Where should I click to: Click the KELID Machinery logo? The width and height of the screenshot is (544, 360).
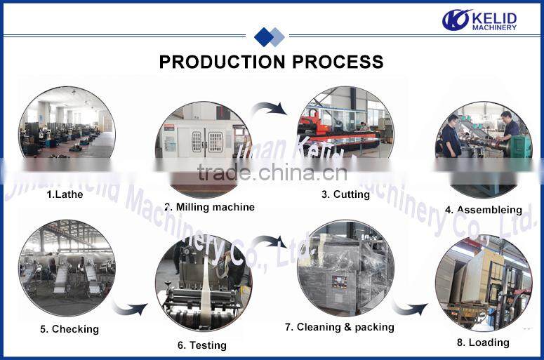tap(479, 20)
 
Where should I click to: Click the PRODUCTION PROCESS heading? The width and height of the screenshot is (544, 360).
tap(271, 62)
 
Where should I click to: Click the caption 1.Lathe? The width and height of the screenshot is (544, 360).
tap(65, 194)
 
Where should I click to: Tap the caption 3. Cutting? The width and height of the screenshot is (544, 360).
tap(345, 194)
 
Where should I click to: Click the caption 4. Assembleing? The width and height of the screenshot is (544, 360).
tap(483, 210)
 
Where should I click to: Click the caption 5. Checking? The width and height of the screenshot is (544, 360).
tap(69, 329)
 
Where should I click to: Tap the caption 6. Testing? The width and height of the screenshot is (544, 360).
tap(201, 345)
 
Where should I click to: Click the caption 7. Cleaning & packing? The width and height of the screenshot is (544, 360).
tap(339, 327)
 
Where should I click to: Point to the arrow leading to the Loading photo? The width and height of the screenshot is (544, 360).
tap(409, 308)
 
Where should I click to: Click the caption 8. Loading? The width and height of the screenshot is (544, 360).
tap(483, 342)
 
